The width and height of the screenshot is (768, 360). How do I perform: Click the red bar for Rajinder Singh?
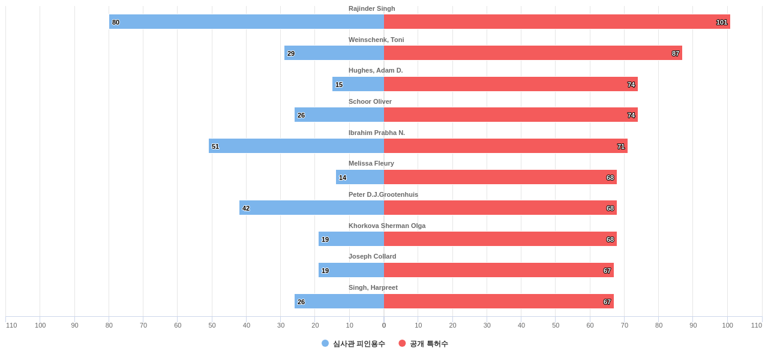[x=557, y=22]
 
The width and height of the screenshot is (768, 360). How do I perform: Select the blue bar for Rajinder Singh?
[x=246, y=22]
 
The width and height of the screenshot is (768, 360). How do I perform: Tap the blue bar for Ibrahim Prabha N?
[x=296, y=146]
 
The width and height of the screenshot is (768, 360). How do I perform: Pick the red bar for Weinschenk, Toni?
[x=533, y=53]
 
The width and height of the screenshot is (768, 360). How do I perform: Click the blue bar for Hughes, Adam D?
[x=358, y=84]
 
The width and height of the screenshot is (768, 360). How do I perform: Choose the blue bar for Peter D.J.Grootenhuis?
[x=311, y=208]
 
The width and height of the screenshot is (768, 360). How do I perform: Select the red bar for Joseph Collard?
[x=499, y=270]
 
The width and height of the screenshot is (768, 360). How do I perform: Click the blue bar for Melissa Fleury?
[x=360, y=177]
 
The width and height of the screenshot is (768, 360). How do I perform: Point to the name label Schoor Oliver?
[x=370, y=101]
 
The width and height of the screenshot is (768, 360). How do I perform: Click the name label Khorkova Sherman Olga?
[x=387, y=226]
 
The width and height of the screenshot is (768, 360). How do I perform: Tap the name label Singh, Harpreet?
[x=373, y=287]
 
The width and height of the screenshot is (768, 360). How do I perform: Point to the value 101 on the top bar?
[x=722, y=22]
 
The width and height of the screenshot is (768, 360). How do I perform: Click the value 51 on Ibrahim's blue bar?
[x=215, y=146]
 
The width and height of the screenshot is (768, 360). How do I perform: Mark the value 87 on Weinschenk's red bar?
[x=676, y=53]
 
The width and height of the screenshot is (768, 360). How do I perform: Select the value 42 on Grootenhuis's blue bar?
[x=246, y=208]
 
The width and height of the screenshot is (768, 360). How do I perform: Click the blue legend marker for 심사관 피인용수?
[x=325, y=343]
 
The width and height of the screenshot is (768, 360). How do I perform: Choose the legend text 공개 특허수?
[x=429, y=344]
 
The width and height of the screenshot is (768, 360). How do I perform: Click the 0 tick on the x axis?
[x=384, y=325]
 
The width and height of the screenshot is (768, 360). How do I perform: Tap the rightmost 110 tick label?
[x=756, y=325]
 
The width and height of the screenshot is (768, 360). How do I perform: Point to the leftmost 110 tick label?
[x=11, y=325]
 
